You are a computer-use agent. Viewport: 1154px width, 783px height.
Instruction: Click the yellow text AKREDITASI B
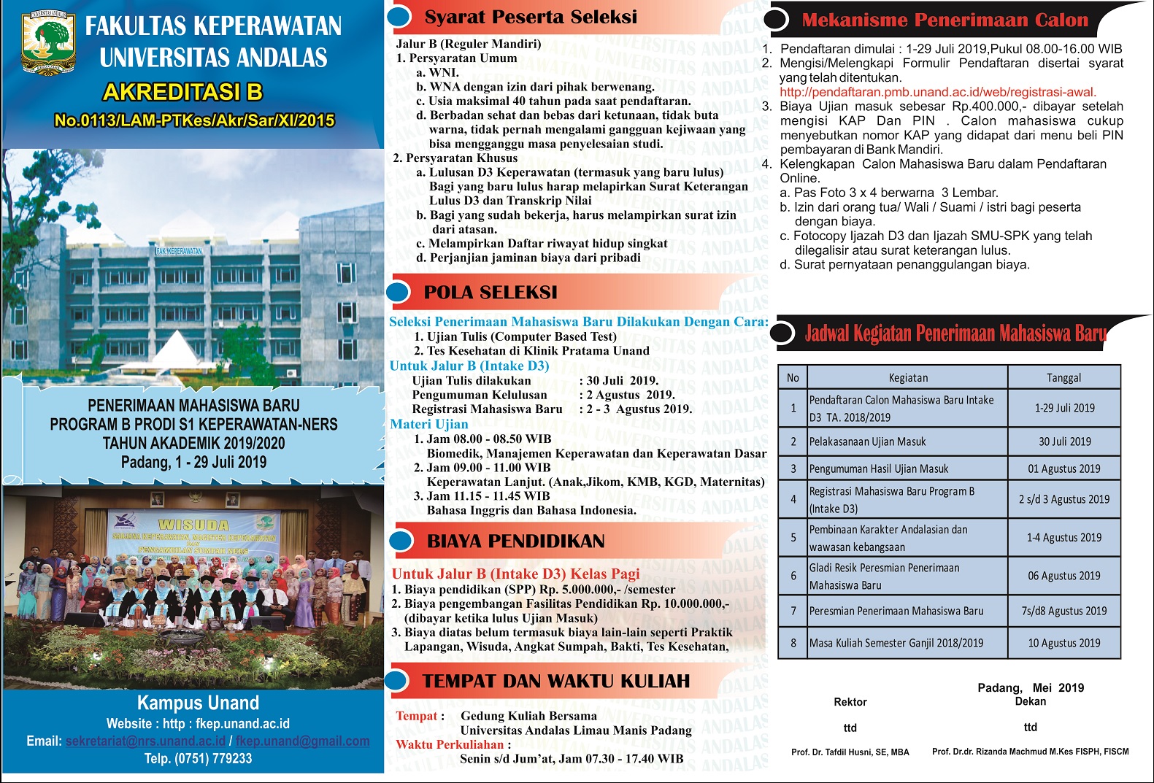point(182,92)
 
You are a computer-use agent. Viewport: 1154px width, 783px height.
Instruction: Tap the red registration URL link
point(937,92)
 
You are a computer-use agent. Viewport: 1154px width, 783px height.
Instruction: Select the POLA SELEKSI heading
point(490,293)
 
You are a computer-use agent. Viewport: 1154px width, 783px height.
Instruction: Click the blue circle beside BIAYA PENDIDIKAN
point(401,541)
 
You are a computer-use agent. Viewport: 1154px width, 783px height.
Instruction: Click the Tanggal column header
point(1063,377)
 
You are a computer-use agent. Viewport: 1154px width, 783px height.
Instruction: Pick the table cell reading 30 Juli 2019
point(1064,441)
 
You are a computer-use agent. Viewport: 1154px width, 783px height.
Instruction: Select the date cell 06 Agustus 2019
point(1063,576)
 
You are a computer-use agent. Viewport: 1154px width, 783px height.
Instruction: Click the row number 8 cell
point(793,643)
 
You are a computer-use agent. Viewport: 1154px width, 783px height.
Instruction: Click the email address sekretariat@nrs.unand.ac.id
point(145,741)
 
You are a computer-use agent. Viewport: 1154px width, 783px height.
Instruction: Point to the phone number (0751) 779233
point(212,759)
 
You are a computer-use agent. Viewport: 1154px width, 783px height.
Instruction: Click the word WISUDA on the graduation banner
point(193,525)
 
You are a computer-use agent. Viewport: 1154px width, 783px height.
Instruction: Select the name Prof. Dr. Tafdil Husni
point(850,752)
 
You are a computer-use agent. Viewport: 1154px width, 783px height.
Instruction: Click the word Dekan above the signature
point(1030,701)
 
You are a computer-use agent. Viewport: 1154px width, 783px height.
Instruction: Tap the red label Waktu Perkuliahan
point(450,744)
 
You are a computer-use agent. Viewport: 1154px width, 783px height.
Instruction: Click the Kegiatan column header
point(908,377)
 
